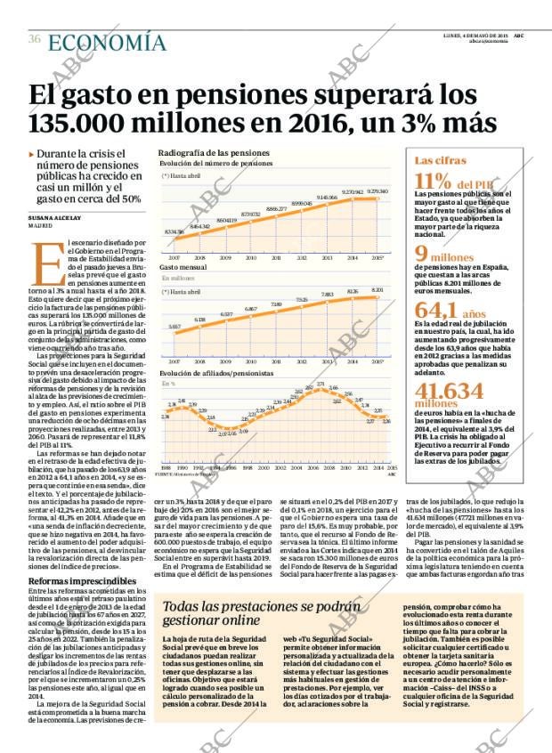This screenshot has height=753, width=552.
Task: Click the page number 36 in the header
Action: point(34,39)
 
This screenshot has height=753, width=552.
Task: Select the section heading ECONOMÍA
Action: point(106,41)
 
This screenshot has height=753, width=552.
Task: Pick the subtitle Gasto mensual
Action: point(183,267)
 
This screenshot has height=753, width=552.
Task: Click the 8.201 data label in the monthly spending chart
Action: point(377,290)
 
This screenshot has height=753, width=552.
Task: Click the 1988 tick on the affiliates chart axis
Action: point(165,466)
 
